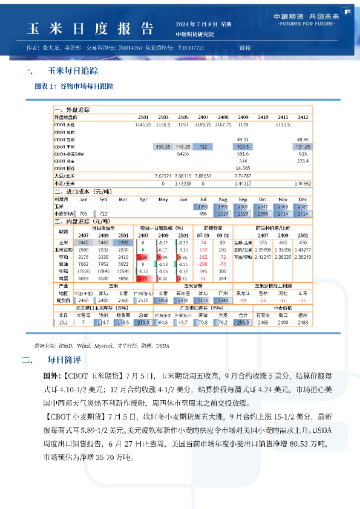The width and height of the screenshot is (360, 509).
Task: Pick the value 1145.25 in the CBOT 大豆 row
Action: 143,124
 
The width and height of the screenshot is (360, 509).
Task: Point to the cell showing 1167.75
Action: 223,124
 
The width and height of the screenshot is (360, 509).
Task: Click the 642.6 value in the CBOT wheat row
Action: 183,154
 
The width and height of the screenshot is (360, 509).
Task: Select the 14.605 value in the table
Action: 243,167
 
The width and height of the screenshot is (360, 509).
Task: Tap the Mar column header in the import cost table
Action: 123,199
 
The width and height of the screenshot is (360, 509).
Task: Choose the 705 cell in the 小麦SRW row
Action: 83,213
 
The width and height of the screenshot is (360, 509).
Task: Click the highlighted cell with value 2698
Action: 263,213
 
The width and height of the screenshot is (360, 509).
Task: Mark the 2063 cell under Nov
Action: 283,206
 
